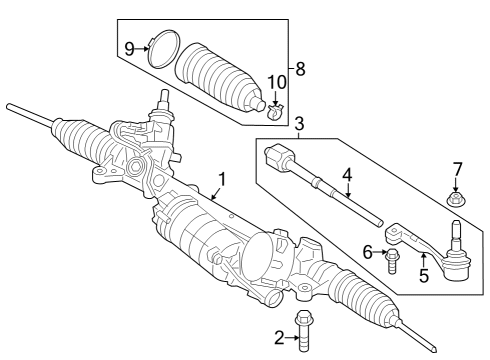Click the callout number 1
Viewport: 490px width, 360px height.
[x=221, y=180]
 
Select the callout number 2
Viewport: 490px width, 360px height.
[x=280, y=339]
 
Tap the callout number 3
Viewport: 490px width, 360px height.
[x=299, y=124]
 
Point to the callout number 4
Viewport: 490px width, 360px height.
[x=346, y=175]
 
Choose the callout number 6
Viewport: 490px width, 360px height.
[x=367, y=254]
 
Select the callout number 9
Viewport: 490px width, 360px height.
[x=129, y=47]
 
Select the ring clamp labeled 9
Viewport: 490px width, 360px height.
[x=162, y=49]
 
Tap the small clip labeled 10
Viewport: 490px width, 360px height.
[x=277, y=105]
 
